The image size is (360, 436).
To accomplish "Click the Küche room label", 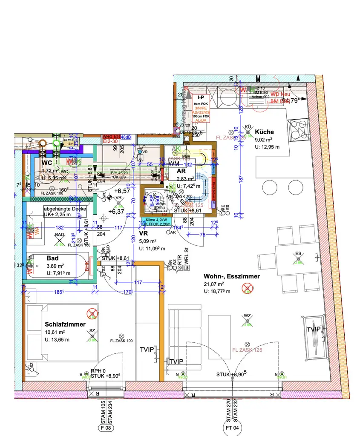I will coord(264,132).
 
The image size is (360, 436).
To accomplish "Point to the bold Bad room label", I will coord(53,258).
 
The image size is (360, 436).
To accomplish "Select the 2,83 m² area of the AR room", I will coord(185,178).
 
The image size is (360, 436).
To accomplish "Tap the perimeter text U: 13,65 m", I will coord(57,339).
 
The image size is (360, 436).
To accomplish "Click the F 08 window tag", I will coord(104,427).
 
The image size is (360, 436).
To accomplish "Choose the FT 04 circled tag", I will coord(232,427).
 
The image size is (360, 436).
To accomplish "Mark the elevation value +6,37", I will coord(116,211).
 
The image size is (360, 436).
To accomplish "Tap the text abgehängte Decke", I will coord(65,209).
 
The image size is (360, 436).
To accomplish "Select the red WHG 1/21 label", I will coord(111,137).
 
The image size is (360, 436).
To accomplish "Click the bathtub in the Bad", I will coord(58,266).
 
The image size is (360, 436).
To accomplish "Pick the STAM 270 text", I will coord(228,410).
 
